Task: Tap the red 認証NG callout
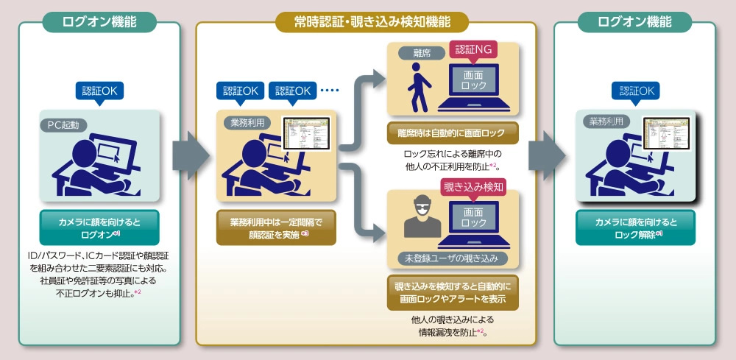(473, 49)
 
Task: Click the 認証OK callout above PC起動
(99, 91)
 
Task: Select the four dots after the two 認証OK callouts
(330, 91)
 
